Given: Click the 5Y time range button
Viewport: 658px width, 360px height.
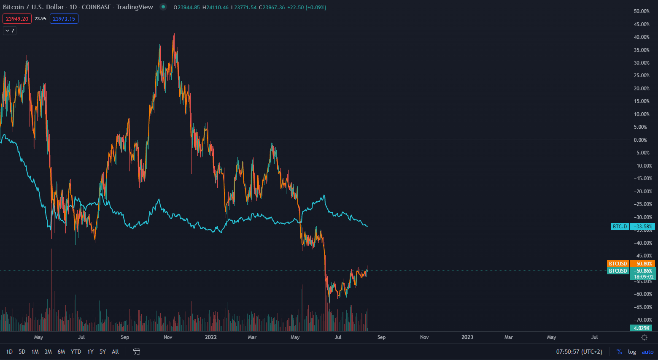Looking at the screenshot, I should (x=102, y=352).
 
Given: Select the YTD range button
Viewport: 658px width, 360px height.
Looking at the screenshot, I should (x=76, y=352).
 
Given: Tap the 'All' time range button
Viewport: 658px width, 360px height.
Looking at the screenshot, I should (x=115, y=352).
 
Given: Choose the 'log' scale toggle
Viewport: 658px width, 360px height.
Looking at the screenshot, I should (x=632, y=352).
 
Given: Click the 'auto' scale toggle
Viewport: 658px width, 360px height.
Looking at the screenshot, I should (x=647, y=352).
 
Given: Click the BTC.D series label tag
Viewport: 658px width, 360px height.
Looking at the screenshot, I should (x=620, y=227).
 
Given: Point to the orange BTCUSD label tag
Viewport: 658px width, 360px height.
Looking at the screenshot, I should (x=618, y=264).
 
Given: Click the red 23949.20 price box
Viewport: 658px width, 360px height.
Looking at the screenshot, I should (x=17, y=19).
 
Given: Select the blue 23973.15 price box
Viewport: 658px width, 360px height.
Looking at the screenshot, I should (x=64, y=19).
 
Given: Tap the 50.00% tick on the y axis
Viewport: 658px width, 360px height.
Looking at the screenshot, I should (x=642, y=11).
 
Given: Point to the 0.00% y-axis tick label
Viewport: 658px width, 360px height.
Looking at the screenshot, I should (x=640, y=140).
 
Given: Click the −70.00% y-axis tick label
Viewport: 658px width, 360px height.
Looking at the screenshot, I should (x=643, y=320).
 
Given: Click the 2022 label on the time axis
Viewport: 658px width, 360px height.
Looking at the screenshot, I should (x=211, y=337).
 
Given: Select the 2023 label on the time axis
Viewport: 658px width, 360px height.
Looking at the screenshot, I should (x=467, y=337).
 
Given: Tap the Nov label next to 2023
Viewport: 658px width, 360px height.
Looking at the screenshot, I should (x=424, y=337).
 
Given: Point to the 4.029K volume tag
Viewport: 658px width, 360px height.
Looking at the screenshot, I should (x=641, y=328).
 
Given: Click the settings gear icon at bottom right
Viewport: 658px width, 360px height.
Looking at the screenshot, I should (x=644, y=337).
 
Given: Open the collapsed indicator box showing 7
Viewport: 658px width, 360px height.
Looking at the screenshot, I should (x=10, y=30).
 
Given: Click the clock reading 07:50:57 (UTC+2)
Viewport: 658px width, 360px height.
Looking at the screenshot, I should (x=579, y=352).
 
